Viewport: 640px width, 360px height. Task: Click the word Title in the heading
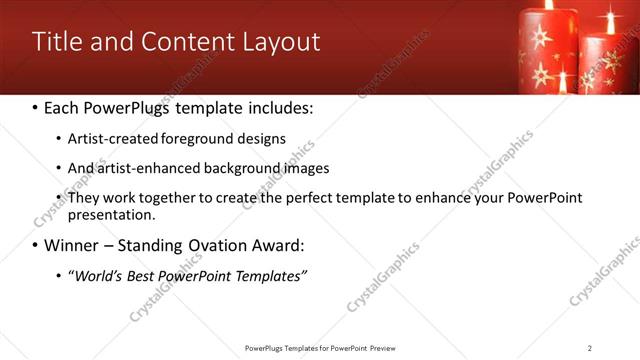[x=58, y=42]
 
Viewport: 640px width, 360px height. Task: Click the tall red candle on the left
[x=548, y=50]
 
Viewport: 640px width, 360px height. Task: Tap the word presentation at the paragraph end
[x=110, y=214]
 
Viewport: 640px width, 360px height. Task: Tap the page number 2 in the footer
[x=590, y=348]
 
